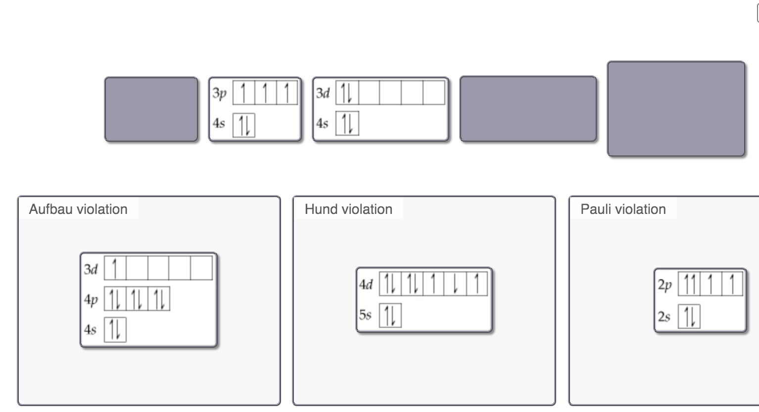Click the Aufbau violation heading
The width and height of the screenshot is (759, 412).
click(78, 209)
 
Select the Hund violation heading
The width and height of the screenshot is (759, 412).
click(348, 209)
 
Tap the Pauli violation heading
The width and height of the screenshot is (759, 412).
click(623, 209)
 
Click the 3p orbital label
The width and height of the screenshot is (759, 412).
click(219, 93)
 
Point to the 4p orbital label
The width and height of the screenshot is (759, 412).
click(91, 300)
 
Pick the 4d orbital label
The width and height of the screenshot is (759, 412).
click(366, 284)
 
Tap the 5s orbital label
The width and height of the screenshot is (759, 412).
click(365, 315)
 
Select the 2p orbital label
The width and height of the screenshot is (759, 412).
click(664, 285)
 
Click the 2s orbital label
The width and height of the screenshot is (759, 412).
click(664, 316)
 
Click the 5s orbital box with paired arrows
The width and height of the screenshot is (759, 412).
click(390, 315)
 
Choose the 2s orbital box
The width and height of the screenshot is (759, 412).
click(689, 316)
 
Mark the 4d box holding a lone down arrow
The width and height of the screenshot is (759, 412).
click(455, 284)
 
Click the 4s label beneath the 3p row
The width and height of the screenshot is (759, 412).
click(219, 123)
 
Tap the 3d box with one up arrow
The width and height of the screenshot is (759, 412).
click(115, 268)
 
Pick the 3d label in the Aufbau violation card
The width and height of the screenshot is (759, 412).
click(91, 269)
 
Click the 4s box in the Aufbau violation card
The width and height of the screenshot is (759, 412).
click(115, 330)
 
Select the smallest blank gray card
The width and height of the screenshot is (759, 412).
click(151, 109)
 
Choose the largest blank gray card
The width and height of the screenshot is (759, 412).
click(676, 109)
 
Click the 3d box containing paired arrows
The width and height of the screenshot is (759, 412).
click(347, 93)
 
